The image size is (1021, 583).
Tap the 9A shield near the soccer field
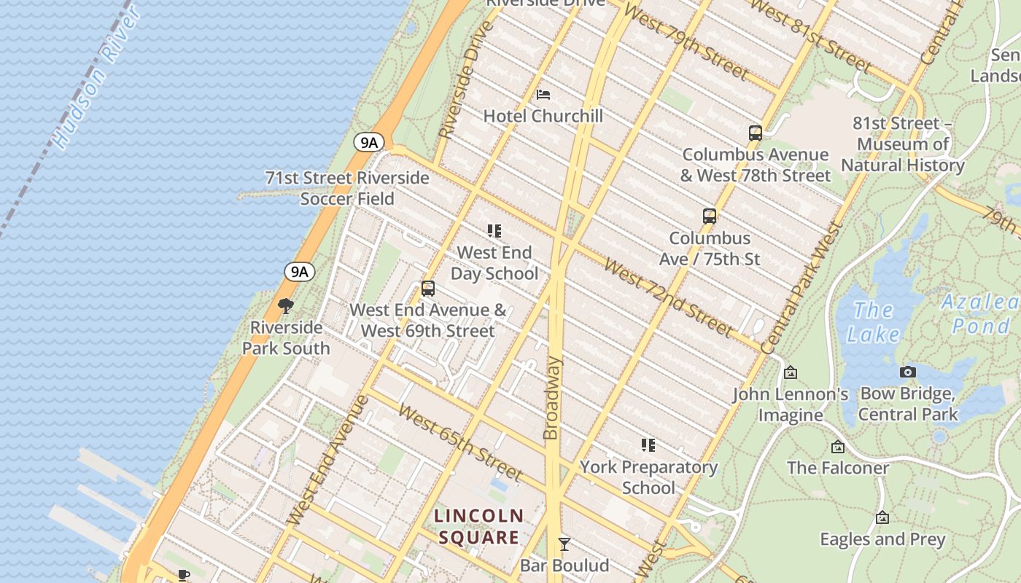(x=369, y=142)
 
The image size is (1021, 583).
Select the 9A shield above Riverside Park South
(x=299, y=272)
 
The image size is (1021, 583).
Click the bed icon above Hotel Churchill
(x=543, y=94)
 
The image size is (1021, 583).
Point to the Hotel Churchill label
(x=543, y=116)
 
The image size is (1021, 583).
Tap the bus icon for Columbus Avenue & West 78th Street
(x=756, y=133)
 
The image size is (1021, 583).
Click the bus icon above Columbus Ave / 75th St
(x=709, y=216)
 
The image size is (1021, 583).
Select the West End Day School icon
(x=494, y=231)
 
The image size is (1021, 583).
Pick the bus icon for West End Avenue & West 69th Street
(x=428, y=289)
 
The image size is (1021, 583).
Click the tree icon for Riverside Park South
(x=286, y=306)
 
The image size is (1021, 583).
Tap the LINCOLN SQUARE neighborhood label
(x=479, y=527)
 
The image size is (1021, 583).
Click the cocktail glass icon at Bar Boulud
(x=564, y=544)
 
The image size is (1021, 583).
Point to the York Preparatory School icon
(x=648, y=445)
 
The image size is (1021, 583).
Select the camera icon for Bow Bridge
(x=907, y=372)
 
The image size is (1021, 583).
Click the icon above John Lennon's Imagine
(x=790, y=373)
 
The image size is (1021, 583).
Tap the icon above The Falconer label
(x=837, y=447)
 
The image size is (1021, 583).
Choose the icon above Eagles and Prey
(x=882, y=518)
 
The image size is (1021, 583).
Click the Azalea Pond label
(x=980, y=313)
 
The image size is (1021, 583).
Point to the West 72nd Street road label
(x=667, y=300)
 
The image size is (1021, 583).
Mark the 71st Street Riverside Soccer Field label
(x=347, y=188)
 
